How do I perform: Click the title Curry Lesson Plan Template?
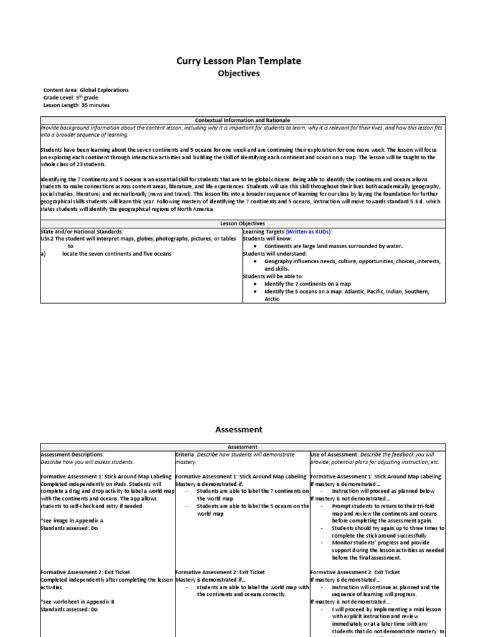point(238,60)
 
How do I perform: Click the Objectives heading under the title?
point(238,73)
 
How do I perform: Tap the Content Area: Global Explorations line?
point(86,90)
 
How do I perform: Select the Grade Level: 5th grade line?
point(70,98)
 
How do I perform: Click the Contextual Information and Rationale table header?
point(242,119)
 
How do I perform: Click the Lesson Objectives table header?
point(242,223)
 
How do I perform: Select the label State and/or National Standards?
point(82,231)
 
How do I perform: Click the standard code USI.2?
point(48,239)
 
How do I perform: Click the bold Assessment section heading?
point(238,429)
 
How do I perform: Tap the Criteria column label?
point(186,455)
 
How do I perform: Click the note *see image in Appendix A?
point(72,520)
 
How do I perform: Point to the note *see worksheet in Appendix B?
point(77,602)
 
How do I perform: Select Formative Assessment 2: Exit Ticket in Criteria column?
point(220,572)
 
